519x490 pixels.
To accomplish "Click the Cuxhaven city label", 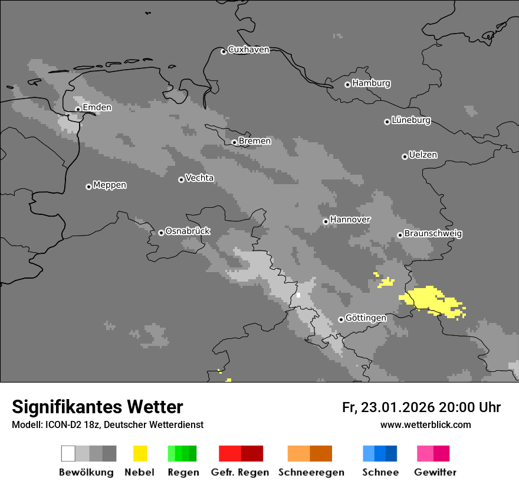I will tap(248, 50).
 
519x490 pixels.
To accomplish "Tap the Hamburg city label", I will tap(371, 83).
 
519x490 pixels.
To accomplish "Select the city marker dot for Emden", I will tap(78, 109).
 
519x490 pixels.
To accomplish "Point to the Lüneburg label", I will tap(411, 120).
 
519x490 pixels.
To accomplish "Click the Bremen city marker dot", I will tap(234, 142).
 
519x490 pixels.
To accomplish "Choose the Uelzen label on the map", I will tap(423, 155).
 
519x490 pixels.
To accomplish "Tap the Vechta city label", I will tap(199, 178).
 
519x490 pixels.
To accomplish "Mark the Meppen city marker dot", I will tap(88, 187).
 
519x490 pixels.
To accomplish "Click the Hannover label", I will tap(350, 220).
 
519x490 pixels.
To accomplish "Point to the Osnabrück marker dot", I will tap(161, 233).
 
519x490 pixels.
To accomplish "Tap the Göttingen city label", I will tap(366, 318).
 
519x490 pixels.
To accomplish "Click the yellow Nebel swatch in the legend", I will tap(140, 453).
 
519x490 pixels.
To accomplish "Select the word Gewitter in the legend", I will tap(435, 472).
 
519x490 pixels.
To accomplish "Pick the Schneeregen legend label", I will tap(311, 472).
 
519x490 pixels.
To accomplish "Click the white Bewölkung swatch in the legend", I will tap(68, 453).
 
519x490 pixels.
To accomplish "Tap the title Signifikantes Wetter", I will tap(97, 407).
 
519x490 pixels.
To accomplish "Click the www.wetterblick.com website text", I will tap(425, 425).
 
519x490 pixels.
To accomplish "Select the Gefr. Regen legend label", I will tap(240, 472).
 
